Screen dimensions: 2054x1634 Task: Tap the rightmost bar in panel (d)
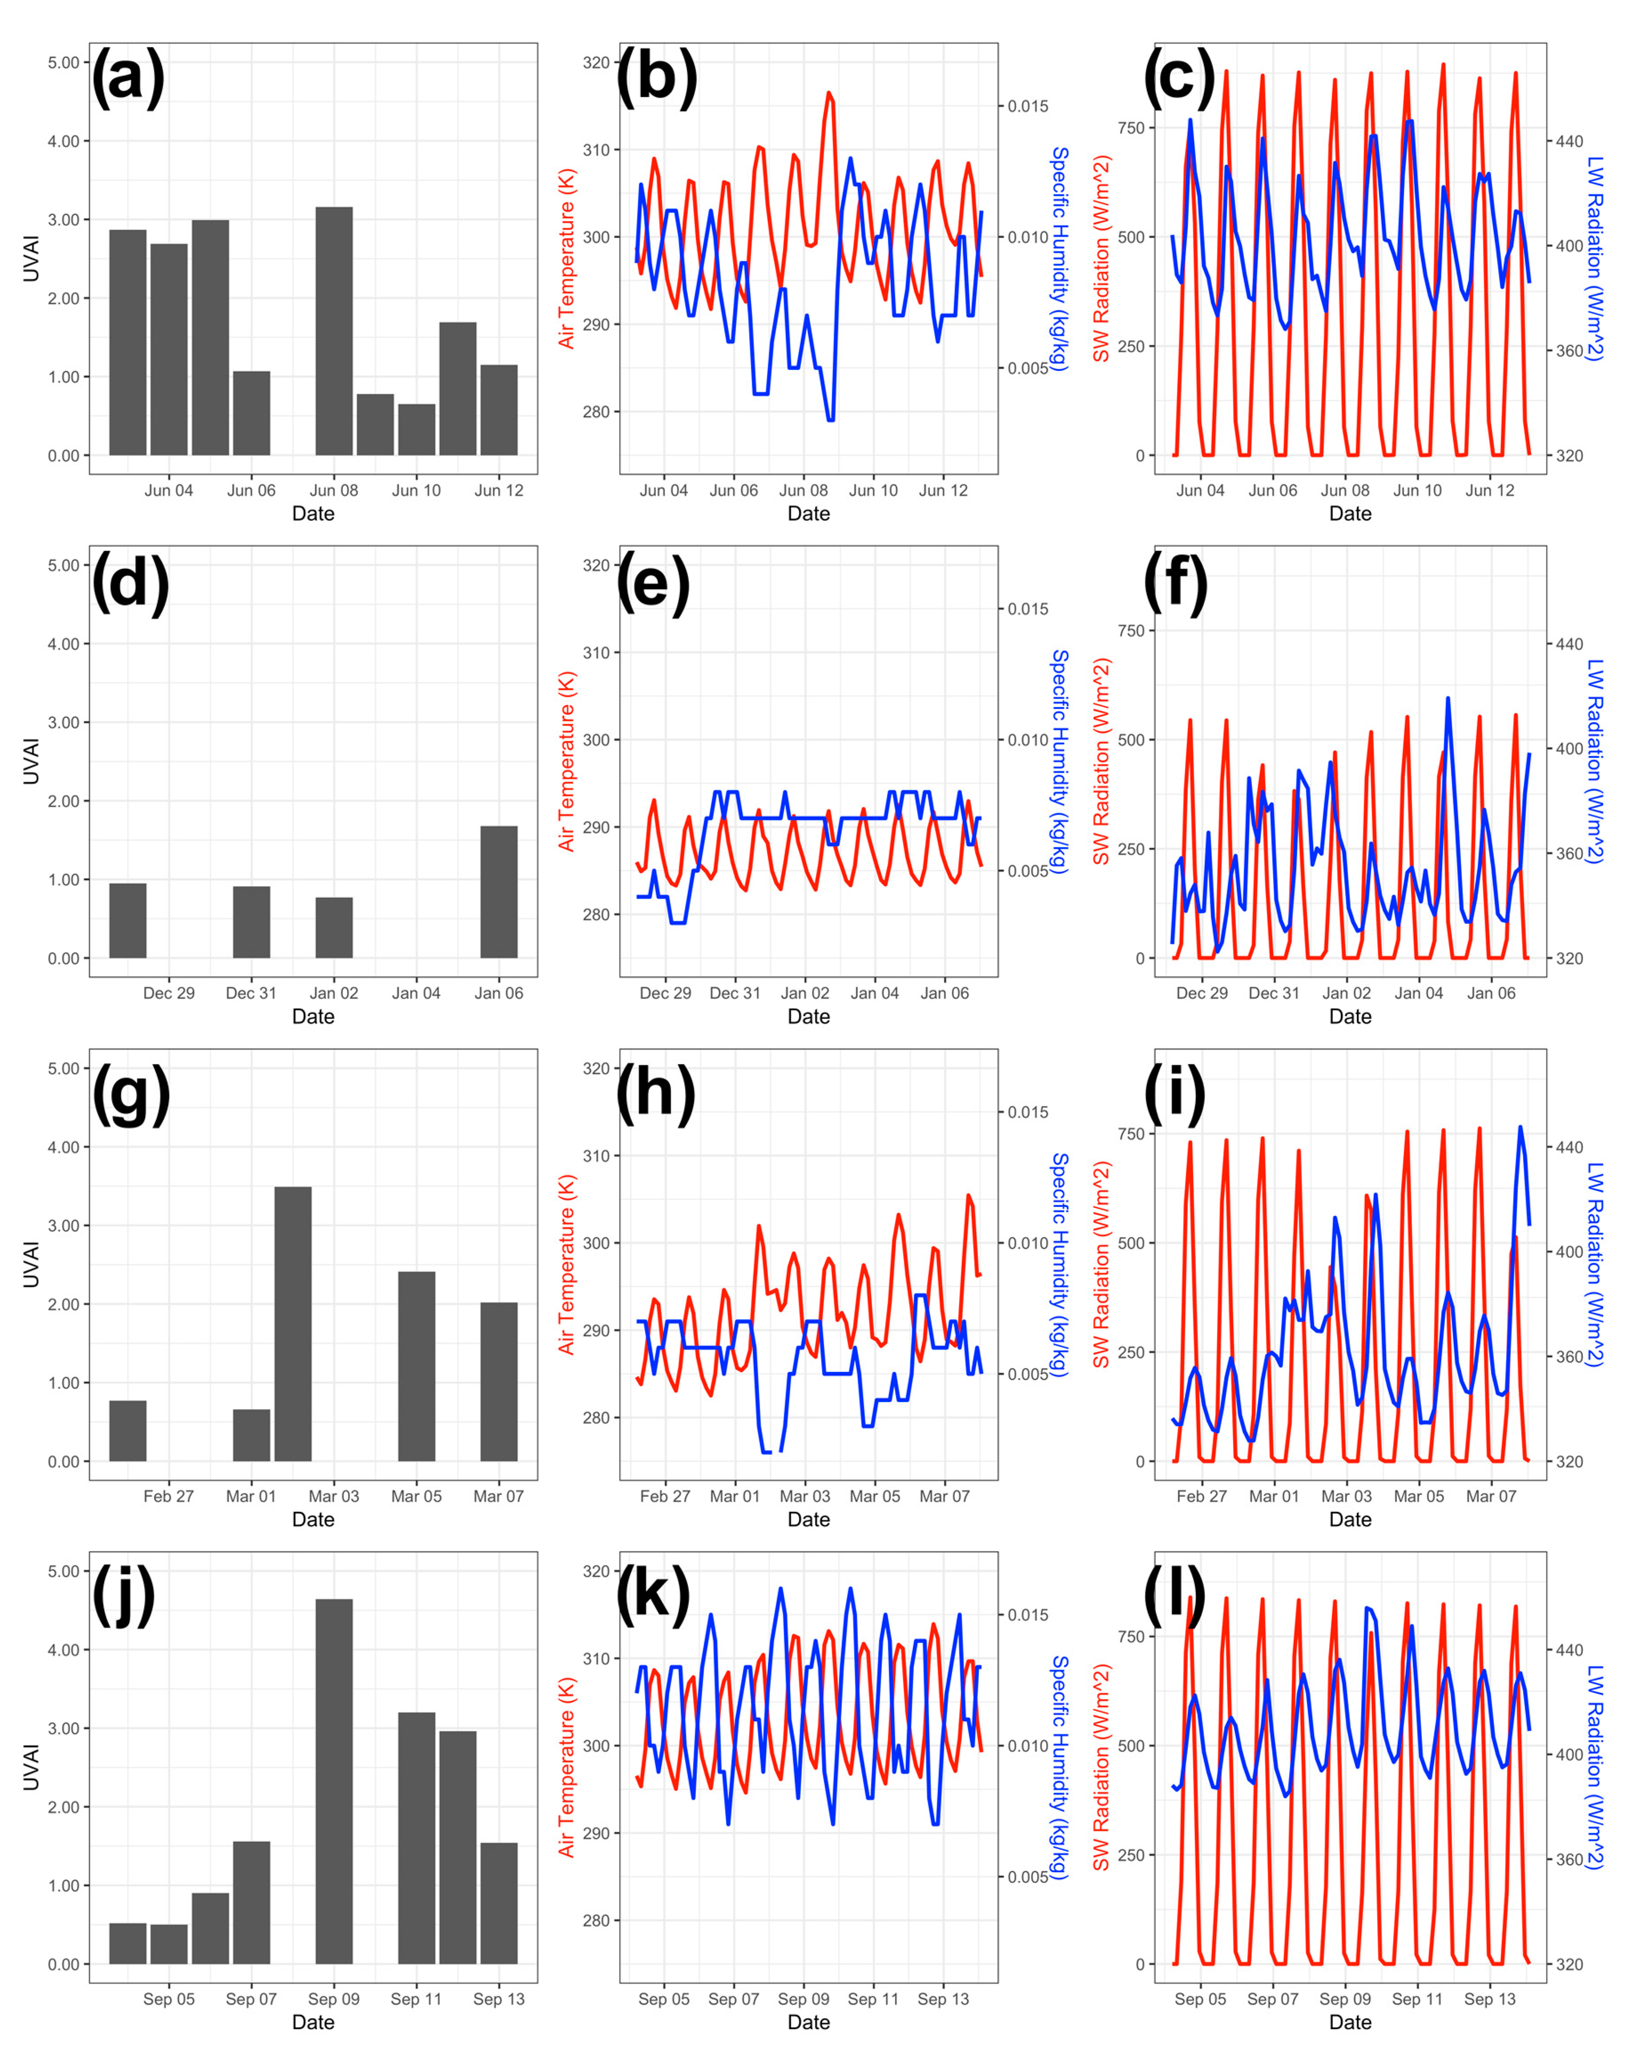point(498,892)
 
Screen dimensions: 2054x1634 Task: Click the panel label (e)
point(654,583)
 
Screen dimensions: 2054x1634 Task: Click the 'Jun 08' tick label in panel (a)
point(334,490)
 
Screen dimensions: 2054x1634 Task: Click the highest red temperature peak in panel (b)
point(829,93)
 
